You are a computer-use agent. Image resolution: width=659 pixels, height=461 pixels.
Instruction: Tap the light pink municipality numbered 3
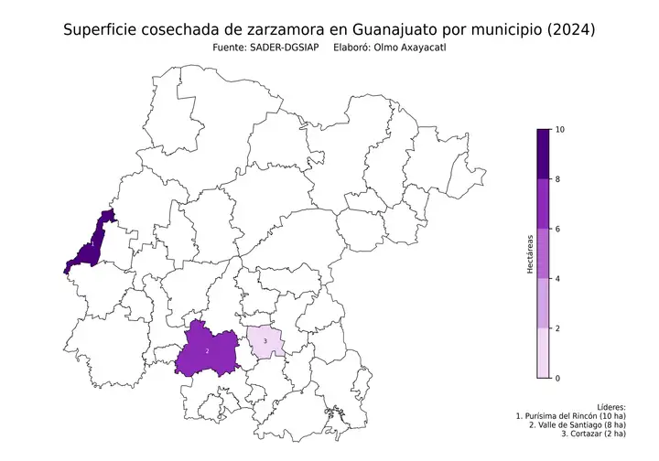point(265,341)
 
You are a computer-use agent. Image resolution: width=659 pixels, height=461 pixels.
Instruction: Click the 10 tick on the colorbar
point(559,130)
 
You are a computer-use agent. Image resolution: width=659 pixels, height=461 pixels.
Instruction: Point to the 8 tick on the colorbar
point(558,179)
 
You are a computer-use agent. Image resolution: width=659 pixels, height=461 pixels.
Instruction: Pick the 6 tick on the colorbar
point(558,229)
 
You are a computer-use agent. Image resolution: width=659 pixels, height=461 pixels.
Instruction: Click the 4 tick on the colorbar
point(558,278)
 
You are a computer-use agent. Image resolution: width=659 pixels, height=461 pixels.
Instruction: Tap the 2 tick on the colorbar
point(558,327)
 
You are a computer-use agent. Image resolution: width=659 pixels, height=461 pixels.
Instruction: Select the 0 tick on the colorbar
point(558,377)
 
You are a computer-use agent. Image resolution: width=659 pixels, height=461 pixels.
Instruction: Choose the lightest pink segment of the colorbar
point(543,352)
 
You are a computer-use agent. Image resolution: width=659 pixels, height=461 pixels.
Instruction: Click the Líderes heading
point(610,405)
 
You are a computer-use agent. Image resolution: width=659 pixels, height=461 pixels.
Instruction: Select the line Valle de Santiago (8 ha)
point(578,424)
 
